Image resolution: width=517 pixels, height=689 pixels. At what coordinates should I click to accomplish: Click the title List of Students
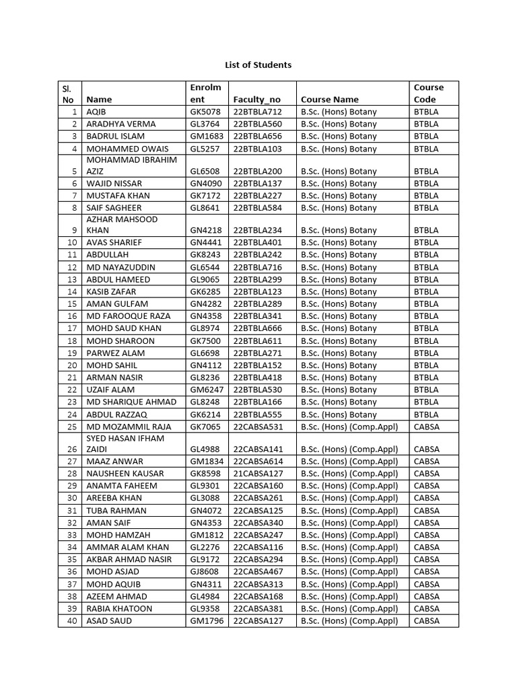click(x=258, y=65)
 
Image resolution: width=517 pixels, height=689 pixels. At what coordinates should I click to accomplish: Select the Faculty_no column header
click(x=256, y=100)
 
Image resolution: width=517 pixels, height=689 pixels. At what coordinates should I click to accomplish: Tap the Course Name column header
click(x=330, y=100)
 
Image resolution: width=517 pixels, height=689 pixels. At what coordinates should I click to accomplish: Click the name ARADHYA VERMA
click(x=121, y=124)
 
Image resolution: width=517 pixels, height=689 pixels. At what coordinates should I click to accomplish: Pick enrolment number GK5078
click(x=205, y=112)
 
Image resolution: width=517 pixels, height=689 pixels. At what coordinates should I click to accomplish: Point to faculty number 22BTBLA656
click(x=258, y=136)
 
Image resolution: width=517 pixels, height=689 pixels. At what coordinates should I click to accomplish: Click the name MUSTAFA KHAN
click(x=118, y=195)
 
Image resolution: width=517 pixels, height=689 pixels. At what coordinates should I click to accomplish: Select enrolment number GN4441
click(x=206, y=242)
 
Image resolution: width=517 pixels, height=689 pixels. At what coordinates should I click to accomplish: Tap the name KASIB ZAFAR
click(x=111, y=291)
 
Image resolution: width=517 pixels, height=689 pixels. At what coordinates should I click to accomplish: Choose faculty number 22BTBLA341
click(x=258, y=316)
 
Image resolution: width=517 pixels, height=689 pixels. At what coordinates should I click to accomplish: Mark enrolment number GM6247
click(x=207, y=390)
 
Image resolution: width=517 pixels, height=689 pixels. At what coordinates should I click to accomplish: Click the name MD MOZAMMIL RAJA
click(x=129, y=427)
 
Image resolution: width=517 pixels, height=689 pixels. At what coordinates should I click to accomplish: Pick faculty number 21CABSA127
click(x=258, y=473)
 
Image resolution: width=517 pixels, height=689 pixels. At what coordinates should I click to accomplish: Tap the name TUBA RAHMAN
click(x=116, y=510)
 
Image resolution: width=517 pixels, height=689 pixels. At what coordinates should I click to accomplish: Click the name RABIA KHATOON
click(x=119, y=608)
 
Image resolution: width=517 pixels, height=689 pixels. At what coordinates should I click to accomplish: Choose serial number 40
click(x=71, y=620)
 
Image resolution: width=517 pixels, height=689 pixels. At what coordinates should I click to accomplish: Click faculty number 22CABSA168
click(x=258, y=596)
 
